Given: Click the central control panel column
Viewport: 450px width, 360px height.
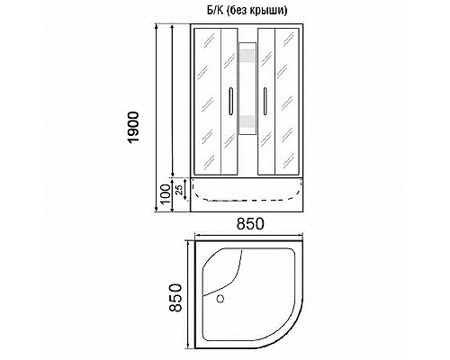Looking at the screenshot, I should [248, 99].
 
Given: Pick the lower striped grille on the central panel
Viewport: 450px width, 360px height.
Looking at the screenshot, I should [248, 126].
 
